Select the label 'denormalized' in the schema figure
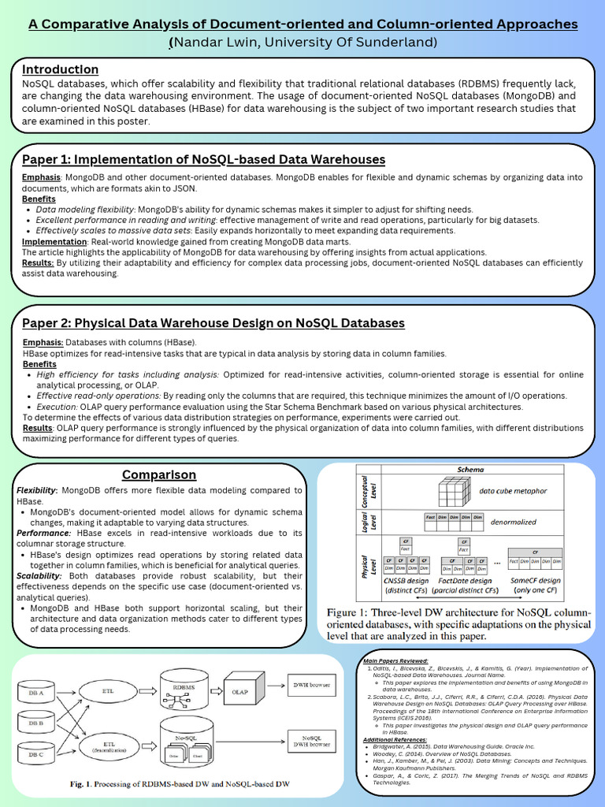point(513,522)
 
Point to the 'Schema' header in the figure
point(471,470)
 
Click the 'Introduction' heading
point(61,69)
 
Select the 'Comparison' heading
point(159,474)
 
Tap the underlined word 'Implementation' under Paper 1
point(54,241)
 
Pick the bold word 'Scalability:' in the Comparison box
point(39,576)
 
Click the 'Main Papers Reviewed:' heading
point(395,660)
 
